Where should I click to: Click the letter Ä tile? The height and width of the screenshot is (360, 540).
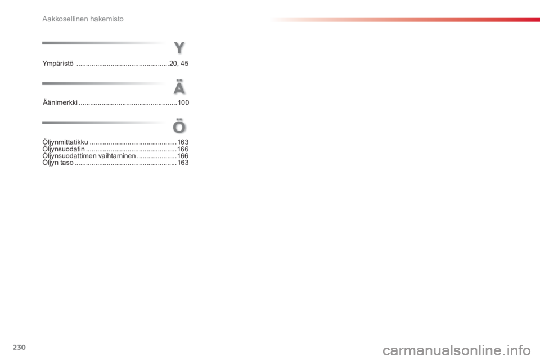[x=179, y=88]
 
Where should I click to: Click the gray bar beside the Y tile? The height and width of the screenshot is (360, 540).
[x=104, y=43]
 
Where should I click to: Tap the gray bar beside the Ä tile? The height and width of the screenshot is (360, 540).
[x=104, y=83]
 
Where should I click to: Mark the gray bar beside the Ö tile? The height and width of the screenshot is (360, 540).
[x=104, y=122]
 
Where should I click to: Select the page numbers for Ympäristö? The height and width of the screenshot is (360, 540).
[x=179, y=64]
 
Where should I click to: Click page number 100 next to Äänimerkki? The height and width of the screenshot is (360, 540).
[x=183, y=103]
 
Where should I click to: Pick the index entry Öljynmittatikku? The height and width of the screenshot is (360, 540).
[x=65, y=143]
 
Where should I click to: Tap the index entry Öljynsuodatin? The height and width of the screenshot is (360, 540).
[x=64, y=150]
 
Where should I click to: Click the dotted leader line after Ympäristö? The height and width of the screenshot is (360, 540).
[x=121, y=65]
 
